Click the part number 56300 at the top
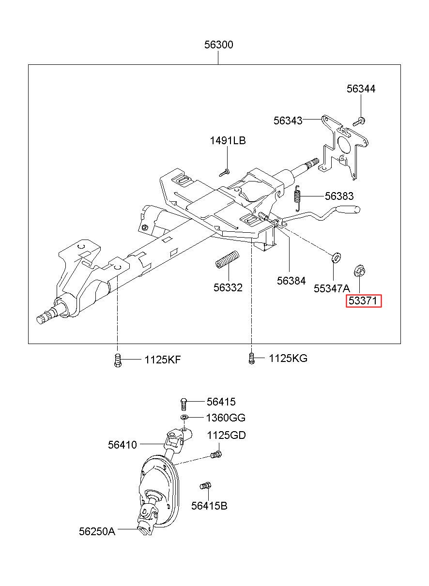pyautogui.click(x=218, y=45)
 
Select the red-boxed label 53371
pyautogui.click(x=364, y=301)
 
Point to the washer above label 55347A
pyautogui.click(x=336, y=257)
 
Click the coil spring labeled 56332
pyautogui.click(x=227, y=259)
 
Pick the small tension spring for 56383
pyautogui.click(x=297, y=198)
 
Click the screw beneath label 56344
pyautogui.click(x=359, y=121)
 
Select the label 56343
pyautogui.click(x=288, y=120)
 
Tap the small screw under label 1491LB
pyautogui.click(x=224, y=172)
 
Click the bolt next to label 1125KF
pyautogui.click(x=118, y=360)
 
